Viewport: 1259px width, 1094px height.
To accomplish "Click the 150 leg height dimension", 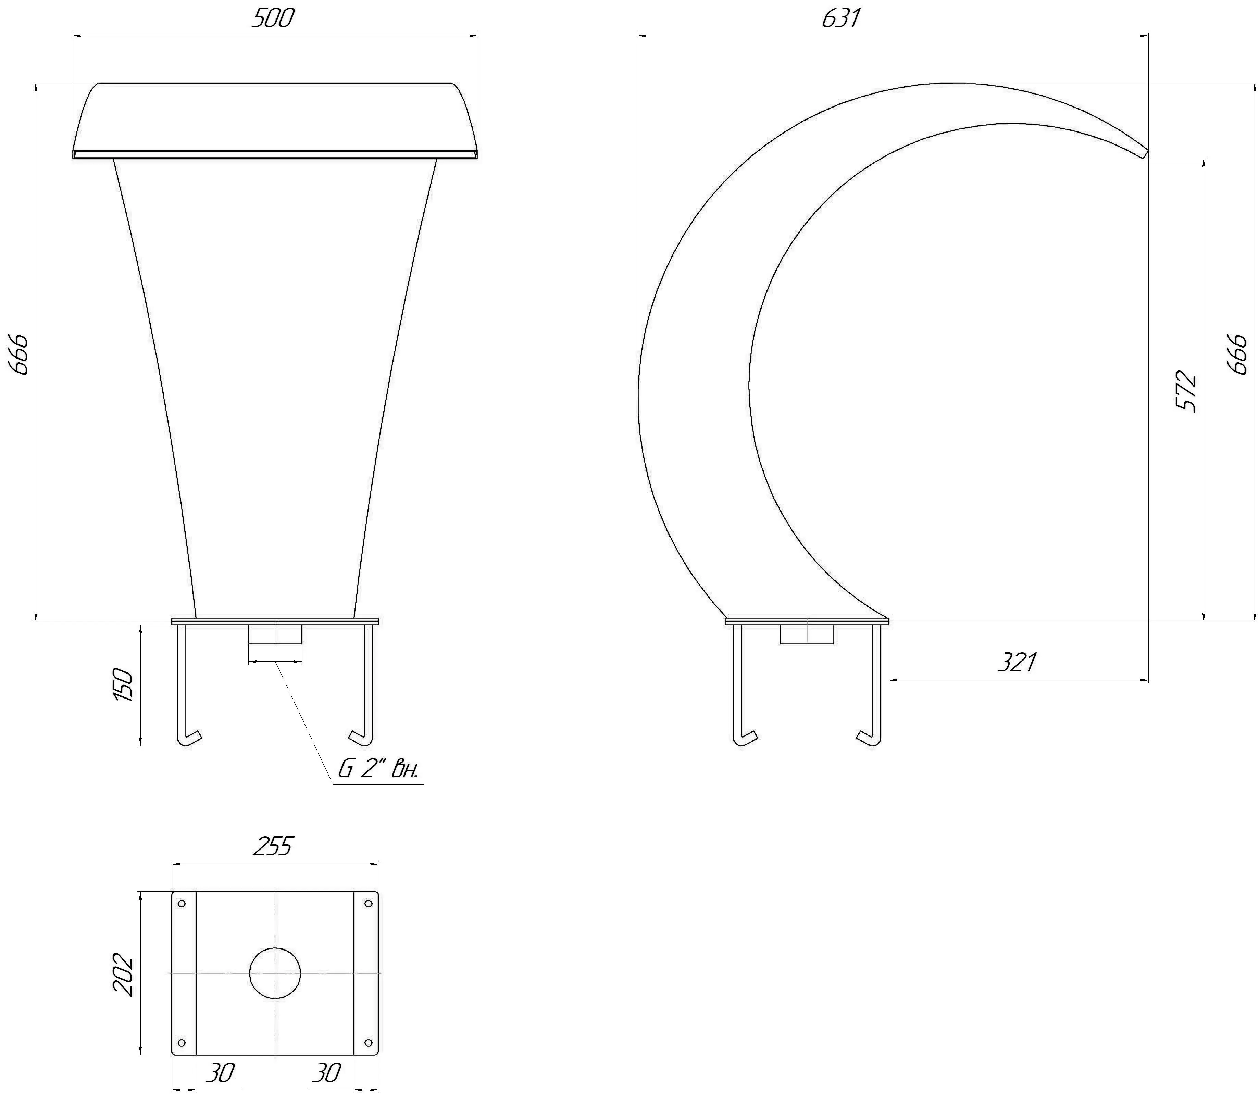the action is [x=124, y=684].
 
